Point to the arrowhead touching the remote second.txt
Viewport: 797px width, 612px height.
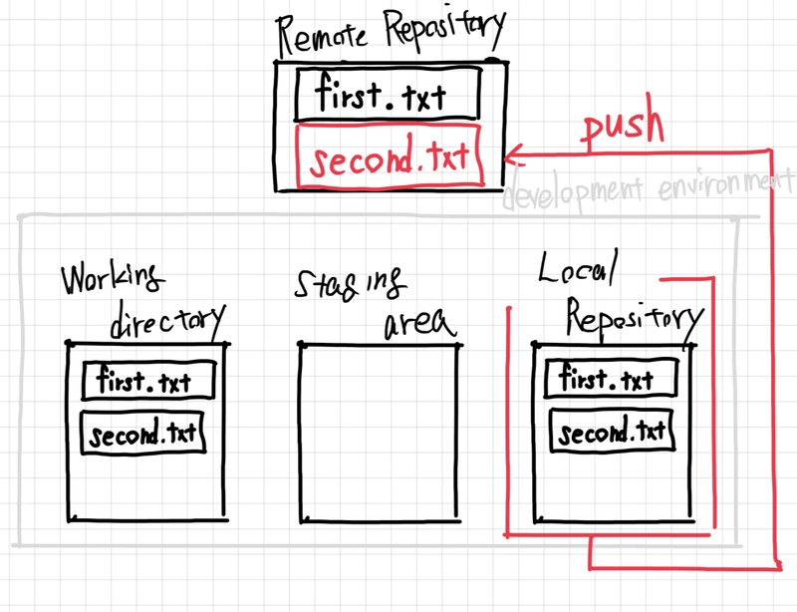[x=511, y=154]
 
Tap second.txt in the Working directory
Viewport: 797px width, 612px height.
[x=143, y=436]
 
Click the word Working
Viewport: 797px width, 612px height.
[x=111, y=281]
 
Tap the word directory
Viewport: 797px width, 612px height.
[x=166, y=320]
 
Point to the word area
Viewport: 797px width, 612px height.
[x=417, y=324]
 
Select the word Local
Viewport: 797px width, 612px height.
[x=579, y=267]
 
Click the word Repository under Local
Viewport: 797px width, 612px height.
[x=634, y=319]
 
